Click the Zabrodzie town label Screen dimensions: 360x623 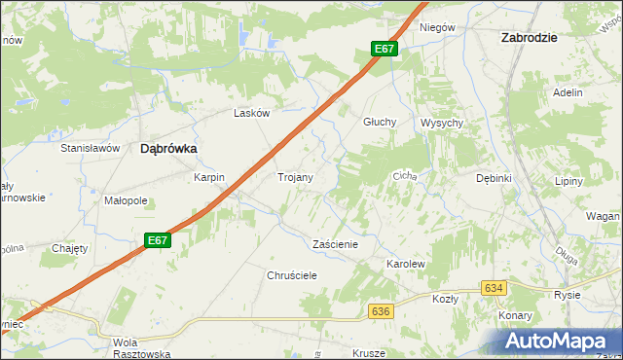pyautogui.click(x=528, y=37)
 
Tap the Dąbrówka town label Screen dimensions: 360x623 pyautogui.click(x=169, y=149)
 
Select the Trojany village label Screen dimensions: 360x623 pyautogui.click(x=295, y=178)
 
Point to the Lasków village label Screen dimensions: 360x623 pyautogui.click(x=251, y=113)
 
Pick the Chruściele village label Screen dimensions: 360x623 pyautogui.click(x=293, y=275)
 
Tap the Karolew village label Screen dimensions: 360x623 pyautogui.click(x=407, y=264)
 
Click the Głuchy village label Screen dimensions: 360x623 pyautogui.click(x=379, y=123)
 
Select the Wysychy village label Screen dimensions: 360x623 pyautogui.click(x=441, y=123)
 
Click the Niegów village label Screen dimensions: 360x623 pyautogui.click(x=437, y=27)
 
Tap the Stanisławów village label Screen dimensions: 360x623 pyautogui.click(x=90, y=148)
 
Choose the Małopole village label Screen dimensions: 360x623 pyautogui.click(x=126, y=201)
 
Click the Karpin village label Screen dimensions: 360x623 pyautogui.click(x=209, y=178)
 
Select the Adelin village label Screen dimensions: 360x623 pyautogui.click(x=567, y=92)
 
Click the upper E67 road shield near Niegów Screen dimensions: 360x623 pyautogui.click(x=385, y=49)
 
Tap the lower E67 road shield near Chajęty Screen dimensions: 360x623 pyautogui.click(x=159, y=240)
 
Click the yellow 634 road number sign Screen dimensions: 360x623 pyautogui.click(x=494, y=288)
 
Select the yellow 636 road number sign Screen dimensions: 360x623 pyautogui.click(x=381, y=310)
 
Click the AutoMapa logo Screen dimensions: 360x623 pyautogui.click(x=558, y=341)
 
